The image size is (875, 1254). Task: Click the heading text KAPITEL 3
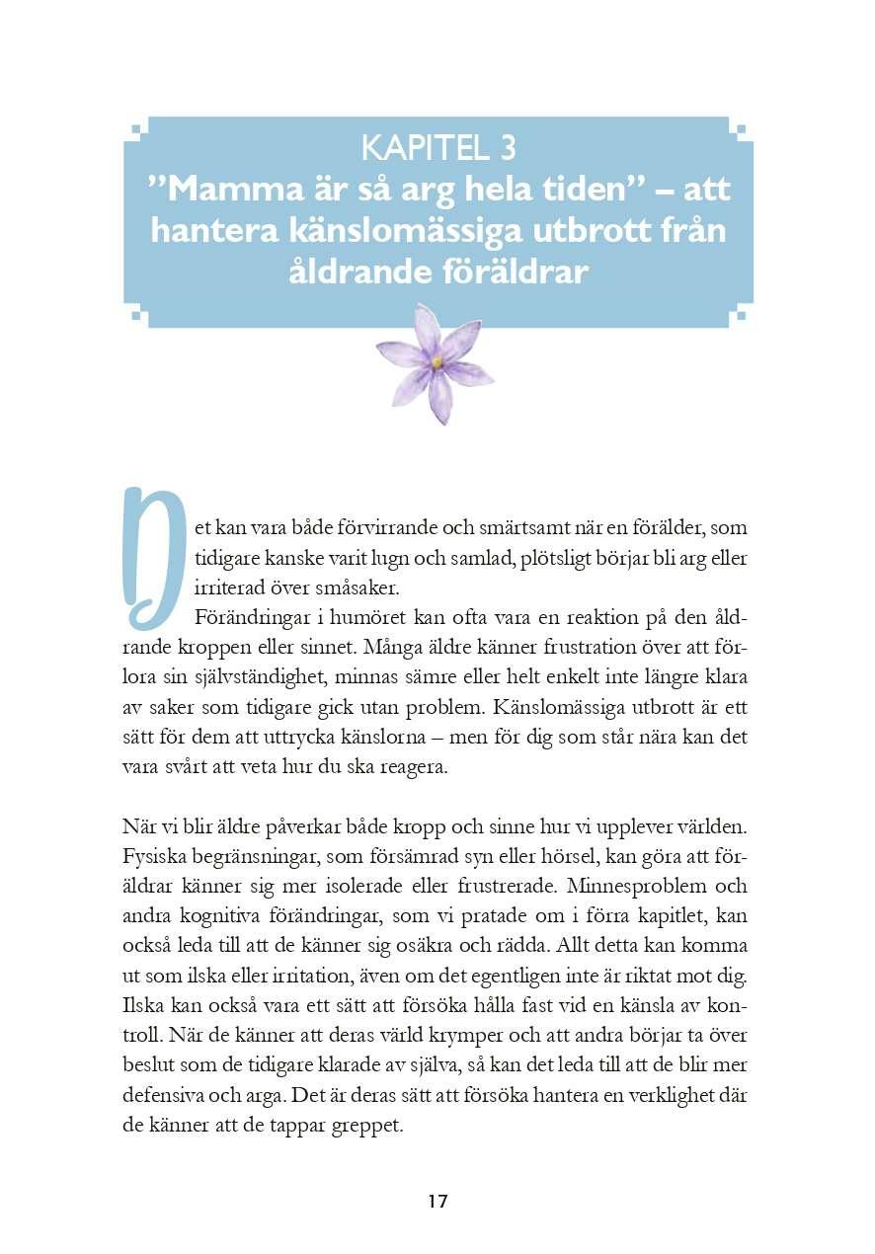[x=437, y=148]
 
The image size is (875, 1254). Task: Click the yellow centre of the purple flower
[x=437, y=362]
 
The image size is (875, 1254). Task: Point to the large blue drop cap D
[x=152, y=557]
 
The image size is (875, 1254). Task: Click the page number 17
[x=437, y=1202]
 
